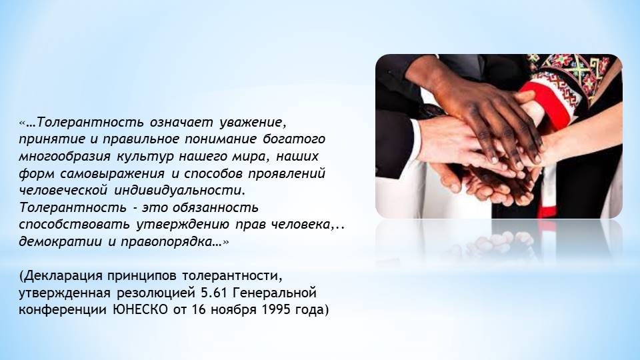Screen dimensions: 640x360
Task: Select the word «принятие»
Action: point(51,139)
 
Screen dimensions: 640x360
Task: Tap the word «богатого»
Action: point(294,139)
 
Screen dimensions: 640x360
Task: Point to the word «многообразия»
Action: point(65,156)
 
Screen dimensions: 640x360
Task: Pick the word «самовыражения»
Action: point(112,173)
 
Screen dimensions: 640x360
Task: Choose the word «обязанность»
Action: point(215,207)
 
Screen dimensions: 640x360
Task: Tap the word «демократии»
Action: point(59,241)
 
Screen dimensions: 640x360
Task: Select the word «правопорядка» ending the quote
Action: point(170,241)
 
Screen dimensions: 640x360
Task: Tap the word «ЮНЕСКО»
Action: point(140,310)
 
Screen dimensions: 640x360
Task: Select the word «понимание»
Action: point(221,139)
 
